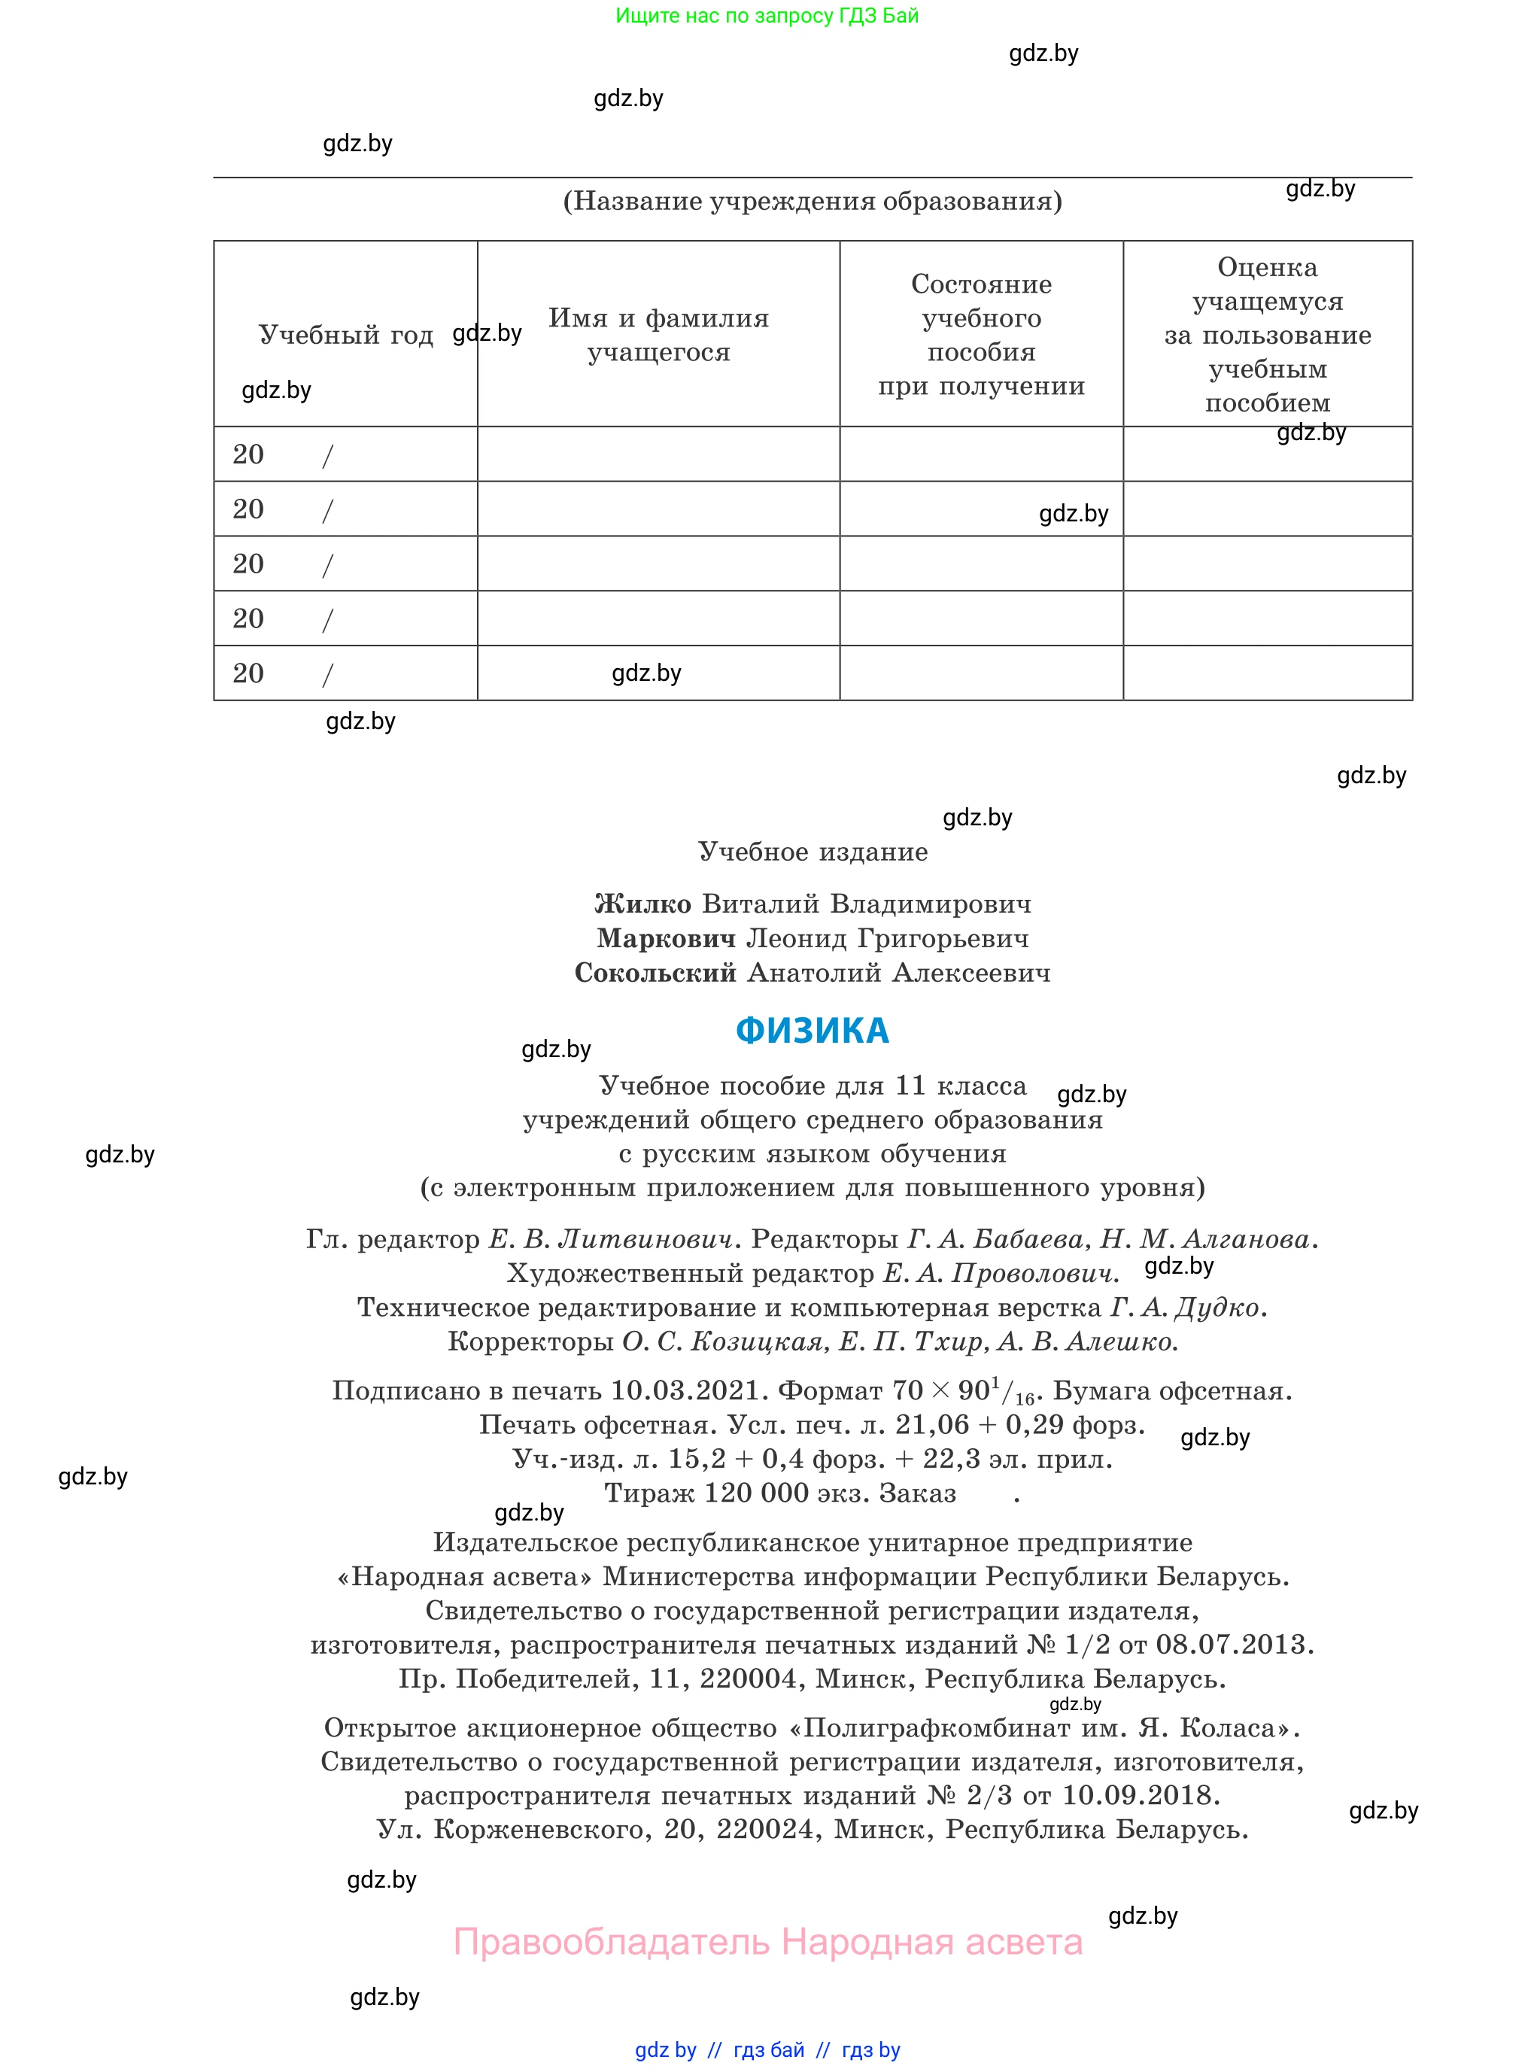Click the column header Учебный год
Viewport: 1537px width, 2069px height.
tap(345, 335)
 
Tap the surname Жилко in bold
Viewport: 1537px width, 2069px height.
tap(642, 904)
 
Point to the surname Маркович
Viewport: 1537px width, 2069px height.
tap(665, 939)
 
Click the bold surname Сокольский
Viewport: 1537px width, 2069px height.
tap(655, 973)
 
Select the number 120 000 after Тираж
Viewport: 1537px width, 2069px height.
tap(755, 1493)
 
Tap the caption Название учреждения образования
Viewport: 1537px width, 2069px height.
tap(813, 201)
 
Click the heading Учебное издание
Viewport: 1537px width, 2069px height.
tap(813, 852)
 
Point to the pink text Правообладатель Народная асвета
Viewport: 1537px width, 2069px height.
tap(767, 1943)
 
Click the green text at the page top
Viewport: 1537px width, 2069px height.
tap(767, 16)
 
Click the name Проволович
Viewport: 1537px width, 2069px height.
tap(1031, 1274)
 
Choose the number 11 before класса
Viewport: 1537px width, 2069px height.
tap(911, 1086)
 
